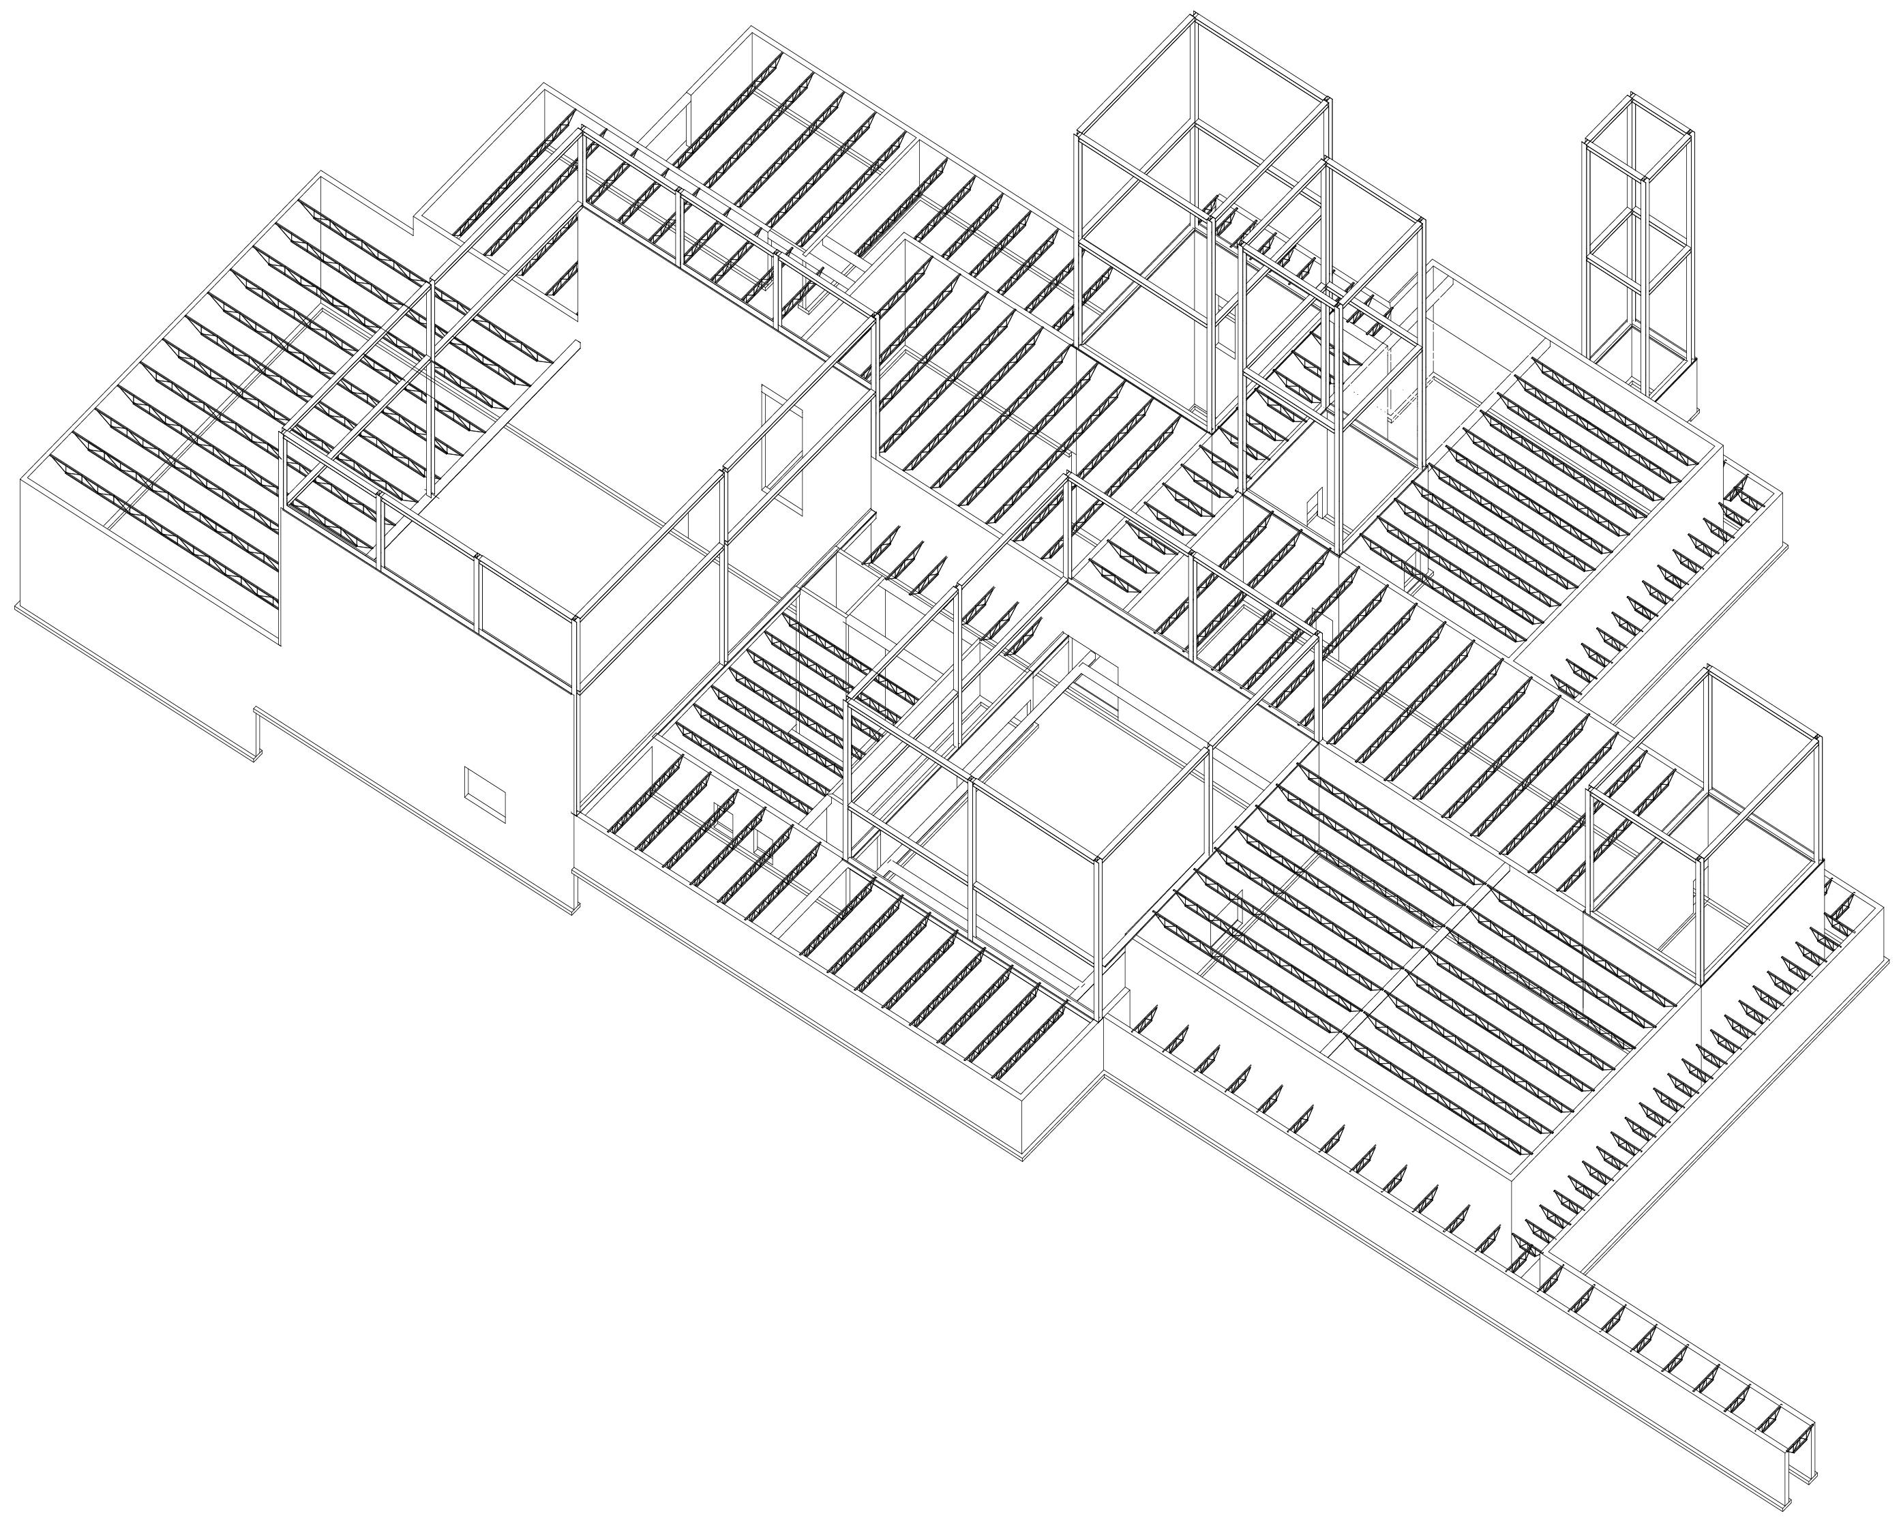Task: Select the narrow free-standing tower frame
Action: pos(1639,247)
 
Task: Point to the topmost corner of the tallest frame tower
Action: pos(1195,15)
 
